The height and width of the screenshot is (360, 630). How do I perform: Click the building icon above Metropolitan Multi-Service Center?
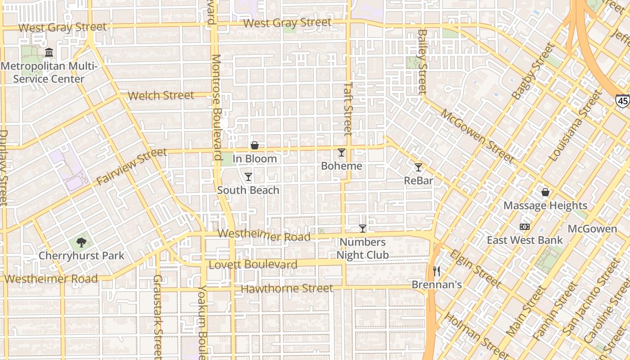pyautogui.click(x=49, y=53)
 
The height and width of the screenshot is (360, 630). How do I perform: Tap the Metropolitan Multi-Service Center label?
pyautogui.click(x=49, y=73)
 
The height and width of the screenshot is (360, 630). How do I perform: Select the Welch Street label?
pyautogui.click(x=161, y=95)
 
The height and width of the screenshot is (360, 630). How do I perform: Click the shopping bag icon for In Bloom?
pyautogui.click(x=254, y=145)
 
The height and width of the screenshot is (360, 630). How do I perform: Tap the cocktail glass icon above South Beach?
pyautogui.click(x=248, y=177)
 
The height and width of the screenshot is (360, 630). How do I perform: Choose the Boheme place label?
pyautogui.click(x=342, y=166)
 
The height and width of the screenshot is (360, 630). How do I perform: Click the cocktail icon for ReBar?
pyautogui.click(x=418, y=167)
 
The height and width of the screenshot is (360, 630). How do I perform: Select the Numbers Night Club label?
pyautogui.click(x=363, y=249)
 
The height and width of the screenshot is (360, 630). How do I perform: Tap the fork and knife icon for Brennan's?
pyautogui.click(x=436, y=271)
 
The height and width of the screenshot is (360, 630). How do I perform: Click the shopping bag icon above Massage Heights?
pyautogui.click(x=545, y=193)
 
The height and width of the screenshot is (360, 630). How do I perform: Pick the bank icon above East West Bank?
pyautogui.click(x=524, y=227)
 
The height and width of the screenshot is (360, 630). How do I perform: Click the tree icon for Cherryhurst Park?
pyautogui.click(x=81, y=243)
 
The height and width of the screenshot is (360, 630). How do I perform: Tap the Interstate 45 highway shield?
pyautogui.click(x=622, y=101)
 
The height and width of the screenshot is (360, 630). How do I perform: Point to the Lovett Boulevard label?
pyautogui.click(x=253, y=265)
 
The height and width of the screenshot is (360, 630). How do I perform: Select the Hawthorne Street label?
pyautogui.click(x=287, y=288)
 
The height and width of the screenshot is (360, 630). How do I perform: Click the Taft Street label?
pyautogui.click(x=348, y=108)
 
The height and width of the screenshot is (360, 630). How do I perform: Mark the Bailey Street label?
pyautogui.click(x=422, y=62)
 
